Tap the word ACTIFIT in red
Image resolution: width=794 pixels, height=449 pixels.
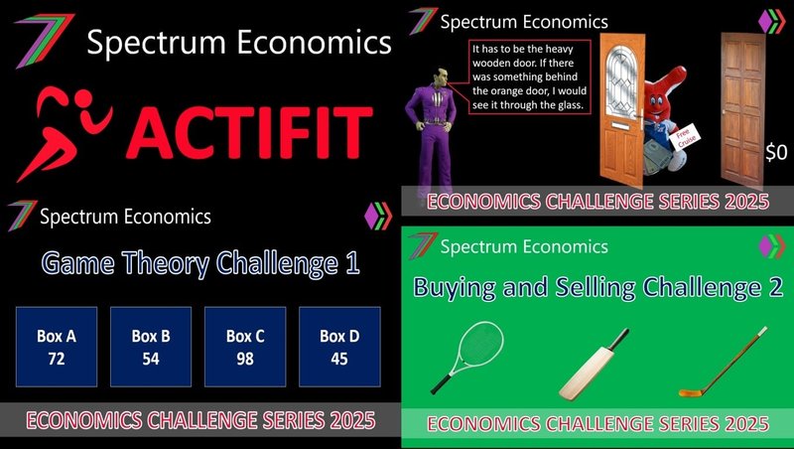click(250, 133)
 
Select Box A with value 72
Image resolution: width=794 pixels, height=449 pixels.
click(57, 347)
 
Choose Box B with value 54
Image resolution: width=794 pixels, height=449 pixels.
click(151, 347)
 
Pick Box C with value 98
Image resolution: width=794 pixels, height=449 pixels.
click(245, 347)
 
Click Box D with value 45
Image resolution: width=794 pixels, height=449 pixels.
click(339, 347)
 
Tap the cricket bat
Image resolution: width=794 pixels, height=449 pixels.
click(594, 365)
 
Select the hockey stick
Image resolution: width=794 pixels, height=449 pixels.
click(723, 362)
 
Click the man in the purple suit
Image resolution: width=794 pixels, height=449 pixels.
click(432, 134)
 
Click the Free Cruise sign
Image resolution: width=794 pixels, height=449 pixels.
click(685, 137)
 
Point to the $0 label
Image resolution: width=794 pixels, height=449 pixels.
click(776, 152)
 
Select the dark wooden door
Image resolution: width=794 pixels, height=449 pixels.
click(742, 109)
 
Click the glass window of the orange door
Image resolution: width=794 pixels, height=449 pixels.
click(621, 81)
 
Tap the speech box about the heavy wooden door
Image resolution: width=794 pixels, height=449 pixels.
click(529, 77)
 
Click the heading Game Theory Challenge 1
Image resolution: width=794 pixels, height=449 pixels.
click(200, 263)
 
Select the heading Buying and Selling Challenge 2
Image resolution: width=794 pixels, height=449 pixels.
click(598, 287)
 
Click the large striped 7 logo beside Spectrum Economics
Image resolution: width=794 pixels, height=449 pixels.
click(45, 41)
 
